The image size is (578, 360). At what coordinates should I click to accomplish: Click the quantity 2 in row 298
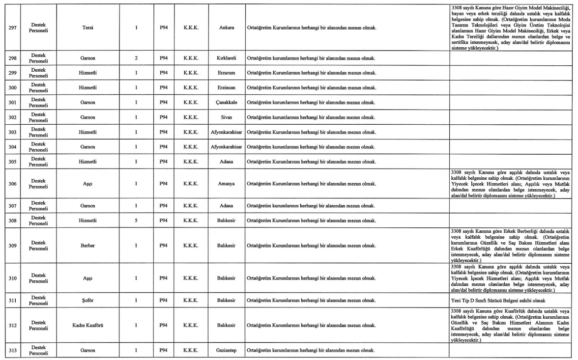coord(136,58)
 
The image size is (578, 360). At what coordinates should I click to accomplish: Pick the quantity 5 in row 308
coord(136,221)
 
